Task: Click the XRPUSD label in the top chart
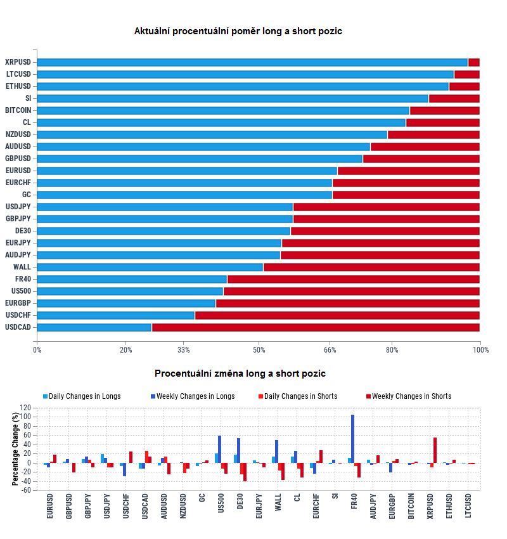click(x=18, y=62)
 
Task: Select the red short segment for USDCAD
click(x=316, y=327)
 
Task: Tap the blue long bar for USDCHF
click(x=116, y=315)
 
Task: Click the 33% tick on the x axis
click(x=184, y=349)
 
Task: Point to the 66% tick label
click(x=330, y=349)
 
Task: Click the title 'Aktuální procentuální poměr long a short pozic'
click(x=238, y=31)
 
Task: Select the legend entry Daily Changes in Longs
click(x=81, y=396)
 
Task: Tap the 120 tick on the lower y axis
click(x=26, y=408)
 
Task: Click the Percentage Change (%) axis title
click(x=15, y=448)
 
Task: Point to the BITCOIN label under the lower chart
click(x=411, y=505)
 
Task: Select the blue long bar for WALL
click(x=150, y=267)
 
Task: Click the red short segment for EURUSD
click(x=409, y=171)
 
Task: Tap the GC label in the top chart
click(x=26, y=195)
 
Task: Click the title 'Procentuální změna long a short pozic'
click(x=240, y=373)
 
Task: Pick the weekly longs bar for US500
click(x=219, y=449)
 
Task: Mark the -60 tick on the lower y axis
click(x=26, y=490)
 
